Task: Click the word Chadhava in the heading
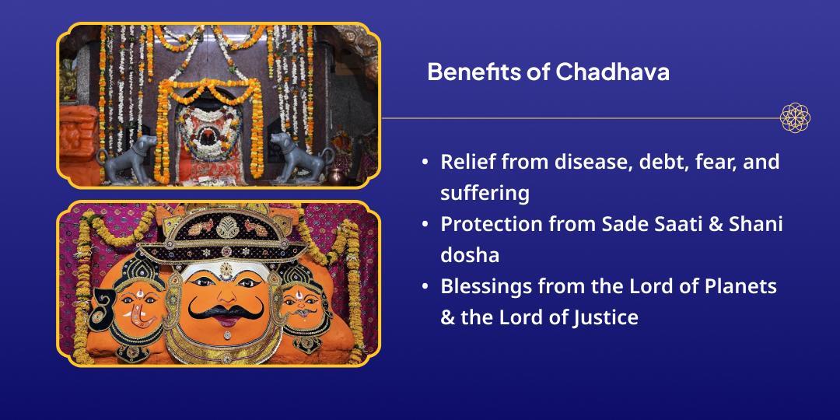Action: click(612, 72)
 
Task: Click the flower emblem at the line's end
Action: click(795, 118)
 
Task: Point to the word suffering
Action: click(485, 193)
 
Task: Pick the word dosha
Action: click(470, 255)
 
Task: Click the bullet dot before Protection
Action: click(425, 225)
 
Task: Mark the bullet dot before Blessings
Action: click(425, 286)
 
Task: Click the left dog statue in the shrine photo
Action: click(129, 159)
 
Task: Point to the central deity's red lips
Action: click(226, 321)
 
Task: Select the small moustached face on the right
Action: click(303, 306)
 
